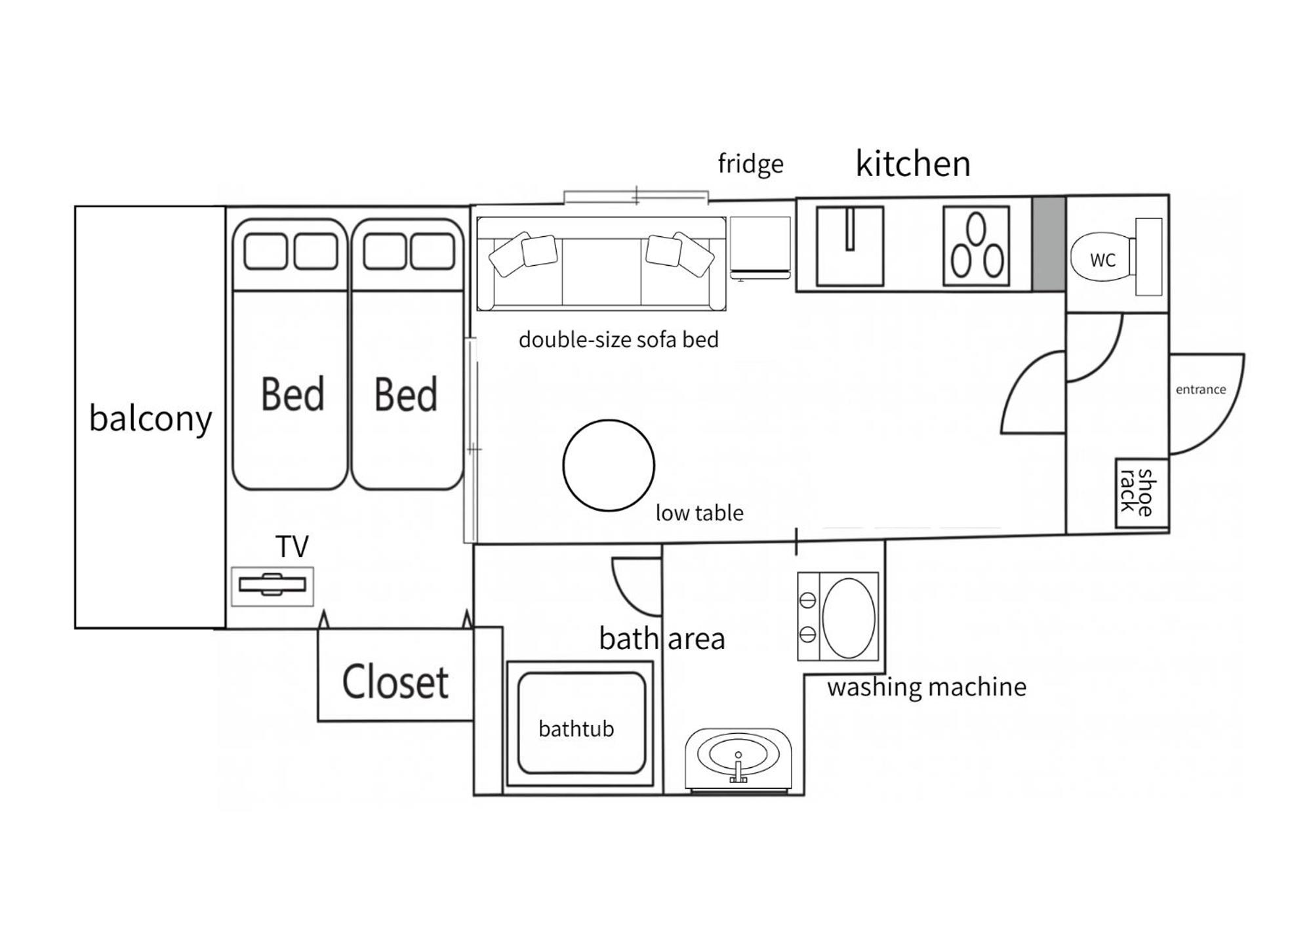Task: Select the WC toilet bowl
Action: [x=1103, y=259]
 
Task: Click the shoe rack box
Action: [x=1142, y=492]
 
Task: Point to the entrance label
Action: [x=1200, y=389]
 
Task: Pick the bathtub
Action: [x=581, y=723]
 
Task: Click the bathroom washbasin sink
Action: [x=738, y=756]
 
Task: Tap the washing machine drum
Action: [x=849, y=618]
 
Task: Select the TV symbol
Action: [x=272, y=585]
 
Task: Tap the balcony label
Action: [x=150, y=418]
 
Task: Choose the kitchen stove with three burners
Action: [x=976, y=245]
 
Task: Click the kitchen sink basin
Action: [x=850, y=245]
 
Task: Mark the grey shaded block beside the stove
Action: [x=1049, y=243]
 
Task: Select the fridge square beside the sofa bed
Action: [x=760, y=247]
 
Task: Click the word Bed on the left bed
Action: [x=292, y=394]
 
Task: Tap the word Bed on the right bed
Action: [x=405, y=394]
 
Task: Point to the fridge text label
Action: [x=750, y=163]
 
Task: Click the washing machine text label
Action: [x=927, y=687]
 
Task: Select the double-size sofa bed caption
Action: [x=618, y=339]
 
